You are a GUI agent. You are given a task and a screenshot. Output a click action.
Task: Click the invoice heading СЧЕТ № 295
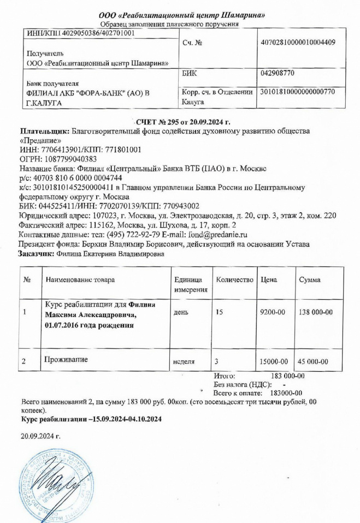coord(159,122)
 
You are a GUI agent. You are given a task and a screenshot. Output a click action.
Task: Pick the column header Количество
coord(235,280)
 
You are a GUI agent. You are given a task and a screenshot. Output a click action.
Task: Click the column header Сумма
coord(310,280)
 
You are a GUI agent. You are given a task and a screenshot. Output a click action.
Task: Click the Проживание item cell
coord(67,360)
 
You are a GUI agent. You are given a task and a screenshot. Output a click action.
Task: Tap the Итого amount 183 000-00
coord(287,376)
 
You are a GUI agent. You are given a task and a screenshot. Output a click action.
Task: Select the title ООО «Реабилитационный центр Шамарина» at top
coord(181,15)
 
